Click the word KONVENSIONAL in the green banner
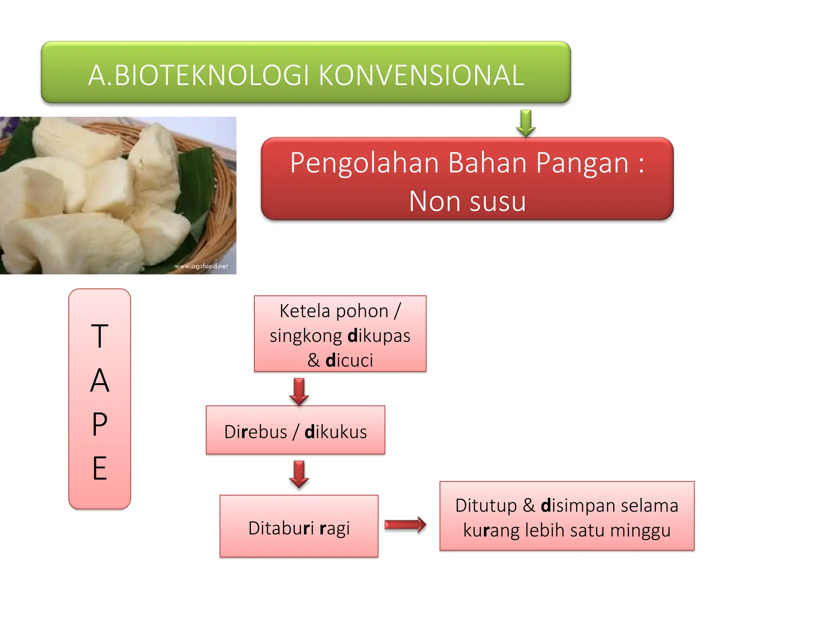[421, 75]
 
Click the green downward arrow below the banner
[526, 123]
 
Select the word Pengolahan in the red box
[364, 163]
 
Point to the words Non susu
[467, 201]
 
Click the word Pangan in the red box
[582, 163]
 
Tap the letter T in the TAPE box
[99, 336]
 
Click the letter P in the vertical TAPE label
[99, 424]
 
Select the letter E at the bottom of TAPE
[99, 468]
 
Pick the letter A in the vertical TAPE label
[99, 380]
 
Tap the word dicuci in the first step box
[349, 360]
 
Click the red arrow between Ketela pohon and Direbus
[299, 391]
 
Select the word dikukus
[336, 432]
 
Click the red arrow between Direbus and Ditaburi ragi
[299, 474]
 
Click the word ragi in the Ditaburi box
[334, 528]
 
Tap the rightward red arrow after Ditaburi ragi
[405, 524]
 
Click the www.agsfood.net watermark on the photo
[201, 266]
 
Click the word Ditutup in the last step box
[486, 505]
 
